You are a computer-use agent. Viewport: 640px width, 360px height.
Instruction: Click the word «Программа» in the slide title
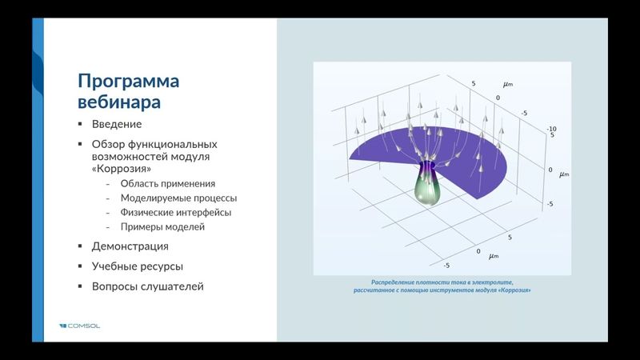pyautogui.click(x=128, y=81)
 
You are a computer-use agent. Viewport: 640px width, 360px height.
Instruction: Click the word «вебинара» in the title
pyautogui.click(x=119, y=102)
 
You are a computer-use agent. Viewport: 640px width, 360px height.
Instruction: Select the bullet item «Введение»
pyautogui.click(x=117, y=124)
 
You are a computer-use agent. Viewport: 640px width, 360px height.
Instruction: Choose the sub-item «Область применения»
pyautogui.click(x=167, y=184)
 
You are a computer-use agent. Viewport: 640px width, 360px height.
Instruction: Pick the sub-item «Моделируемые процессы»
pyautogui.click(x=178, y=198)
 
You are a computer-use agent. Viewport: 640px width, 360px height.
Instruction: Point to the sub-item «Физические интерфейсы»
pyautogui.click(x=175, y=213)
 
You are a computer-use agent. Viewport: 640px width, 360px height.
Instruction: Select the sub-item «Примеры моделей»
pyautogui.click(x=162, y=227)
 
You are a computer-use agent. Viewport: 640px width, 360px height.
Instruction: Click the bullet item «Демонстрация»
pyautogui.click(x=130, y=246)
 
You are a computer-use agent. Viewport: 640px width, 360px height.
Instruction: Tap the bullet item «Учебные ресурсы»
pyautogui.click(x=138, y=266)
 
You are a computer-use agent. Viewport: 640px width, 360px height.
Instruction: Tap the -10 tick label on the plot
pyautogui.click(x=551, y=129)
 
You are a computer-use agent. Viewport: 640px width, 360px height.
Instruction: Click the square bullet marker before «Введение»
pyautogui.click(x=80, y=124)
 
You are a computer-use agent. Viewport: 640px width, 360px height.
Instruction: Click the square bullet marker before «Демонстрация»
pyautogui.click(x=80, y=246)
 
